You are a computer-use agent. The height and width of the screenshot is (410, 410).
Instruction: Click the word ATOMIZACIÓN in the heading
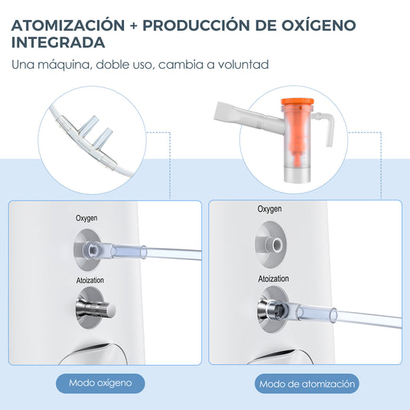click(x=68, y=25)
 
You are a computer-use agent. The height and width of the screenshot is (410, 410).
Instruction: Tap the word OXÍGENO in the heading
click(x=319, y=25)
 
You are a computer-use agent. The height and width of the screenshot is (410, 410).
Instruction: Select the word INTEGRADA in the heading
click(x=58, y=42)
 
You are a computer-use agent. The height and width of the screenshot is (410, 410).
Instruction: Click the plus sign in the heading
click(x=134, y=26)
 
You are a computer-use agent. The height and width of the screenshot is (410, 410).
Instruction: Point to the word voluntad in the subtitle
click(x=243, y=64)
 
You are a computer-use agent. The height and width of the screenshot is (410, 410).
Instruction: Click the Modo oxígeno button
click(x=100, y=383)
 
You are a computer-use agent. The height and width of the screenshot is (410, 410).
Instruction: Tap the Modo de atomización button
click(x=307, y=383)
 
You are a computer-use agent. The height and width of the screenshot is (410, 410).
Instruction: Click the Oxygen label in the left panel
click(x=86, y=218)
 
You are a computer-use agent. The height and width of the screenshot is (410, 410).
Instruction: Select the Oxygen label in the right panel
click(x=269, y=209)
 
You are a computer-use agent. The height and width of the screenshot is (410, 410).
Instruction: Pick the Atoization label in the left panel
click(x=90, y=280)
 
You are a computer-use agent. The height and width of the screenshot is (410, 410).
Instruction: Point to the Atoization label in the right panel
click(x=274, y=278)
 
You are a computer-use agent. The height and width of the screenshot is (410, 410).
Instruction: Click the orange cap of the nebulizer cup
click(x=297, y=102)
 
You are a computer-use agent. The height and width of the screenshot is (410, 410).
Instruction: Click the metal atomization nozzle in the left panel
click(x=96, y=309)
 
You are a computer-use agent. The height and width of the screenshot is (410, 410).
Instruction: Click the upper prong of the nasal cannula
click(x=89, y=125)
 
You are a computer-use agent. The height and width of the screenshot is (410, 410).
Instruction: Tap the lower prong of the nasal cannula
click(x=102, y=138)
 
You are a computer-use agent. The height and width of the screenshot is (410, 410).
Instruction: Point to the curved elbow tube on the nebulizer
click(x=326, y=127)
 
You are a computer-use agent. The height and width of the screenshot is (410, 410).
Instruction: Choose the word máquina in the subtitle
click(x=65, y=65)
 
